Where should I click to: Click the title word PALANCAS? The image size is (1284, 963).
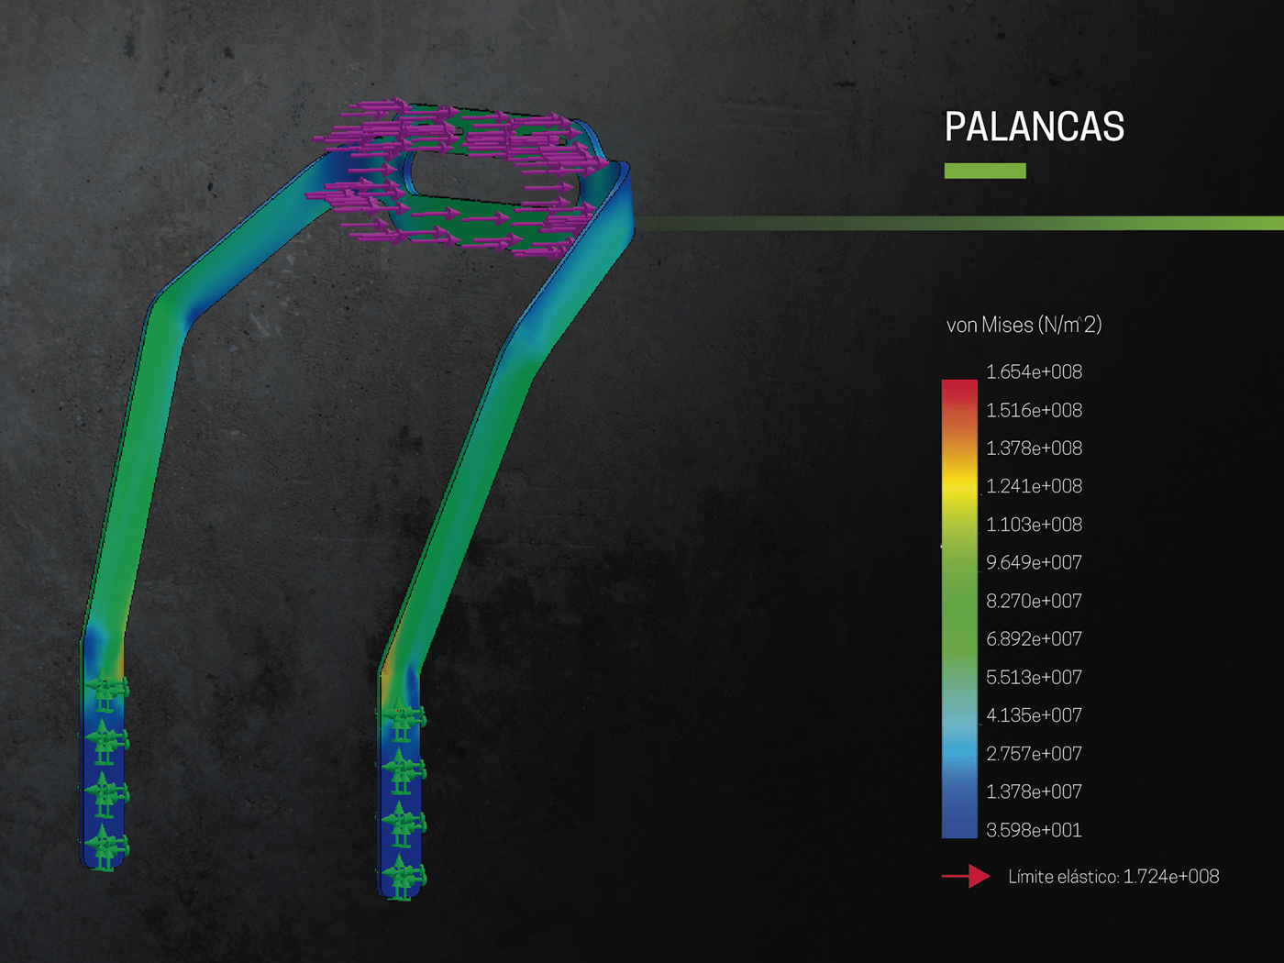[x=1035, y=127]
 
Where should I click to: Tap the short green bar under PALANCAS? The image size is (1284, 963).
[x=985, y=171]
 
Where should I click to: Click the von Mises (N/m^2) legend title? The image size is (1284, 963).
[x=1024, y=325]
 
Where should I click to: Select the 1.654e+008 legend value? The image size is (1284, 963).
[x=1035, y=371]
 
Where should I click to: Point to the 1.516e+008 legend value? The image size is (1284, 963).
[x=1035, y=411]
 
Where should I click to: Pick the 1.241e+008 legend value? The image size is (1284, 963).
[x=1035, y=486]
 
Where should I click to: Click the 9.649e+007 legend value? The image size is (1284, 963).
[x=1035, y=562]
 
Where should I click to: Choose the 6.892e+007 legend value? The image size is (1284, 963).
[x=1035, y=638]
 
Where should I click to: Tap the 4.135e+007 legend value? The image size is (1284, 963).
[x=1035, y=715]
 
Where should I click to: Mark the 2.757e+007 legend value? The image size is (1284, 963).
[x=1035, y=754]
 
